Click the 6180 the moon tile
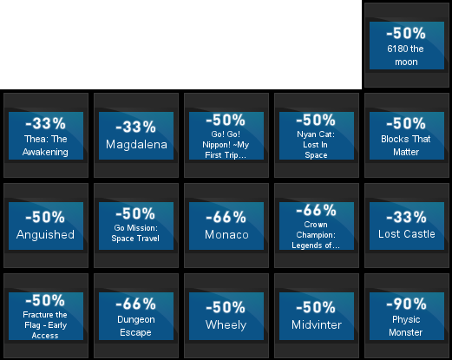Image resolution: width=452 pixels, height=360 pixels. (407, 45)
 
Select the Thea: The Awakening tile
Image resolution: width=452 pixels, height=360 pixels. (46, 135)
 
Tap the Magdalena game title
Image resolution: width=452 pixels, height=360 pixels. (136, 144)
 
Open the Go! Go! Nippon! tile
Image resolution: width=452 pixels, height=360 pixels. (226, 135)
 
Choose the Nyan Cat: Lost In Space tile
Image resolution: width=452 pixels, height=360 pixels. (317, 135)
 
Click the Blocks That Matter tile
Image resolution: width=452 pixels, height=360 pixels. (407, 135)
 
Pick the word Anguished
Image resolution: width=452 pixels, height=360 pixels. (45, 234)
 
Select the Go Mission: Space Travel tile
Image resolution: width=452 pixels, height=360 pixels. (136, 226)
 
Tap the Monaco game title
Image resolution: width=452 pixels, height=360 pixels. (226, 234)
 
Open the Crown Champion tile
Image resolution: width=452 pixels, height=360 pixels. (317, 226)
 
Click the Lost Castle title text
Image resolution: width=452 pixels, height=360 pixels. (407, 234)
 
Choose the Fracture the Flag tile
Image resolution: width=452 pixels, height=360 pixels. (46, 316)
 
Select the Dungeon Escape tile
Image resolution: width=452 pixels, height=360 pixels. (136, 316)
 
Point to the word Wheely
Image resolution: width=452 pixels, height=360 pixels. (226, 325)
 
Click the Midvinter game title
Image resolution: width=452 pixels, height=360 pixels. (317, 324)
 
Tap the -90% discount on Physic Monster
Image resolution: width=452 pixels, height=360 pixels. (406, 304)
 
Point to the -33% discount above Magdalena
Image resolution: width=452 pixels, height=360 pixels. (135, 127)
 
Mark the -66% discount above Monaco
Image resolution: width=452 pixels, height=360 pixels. (226, 217)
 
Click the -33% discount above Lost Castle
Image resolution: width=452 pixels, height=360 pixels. (406, 217)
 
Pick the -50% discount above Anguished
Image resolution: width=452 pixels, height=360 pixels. (45, 217)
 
